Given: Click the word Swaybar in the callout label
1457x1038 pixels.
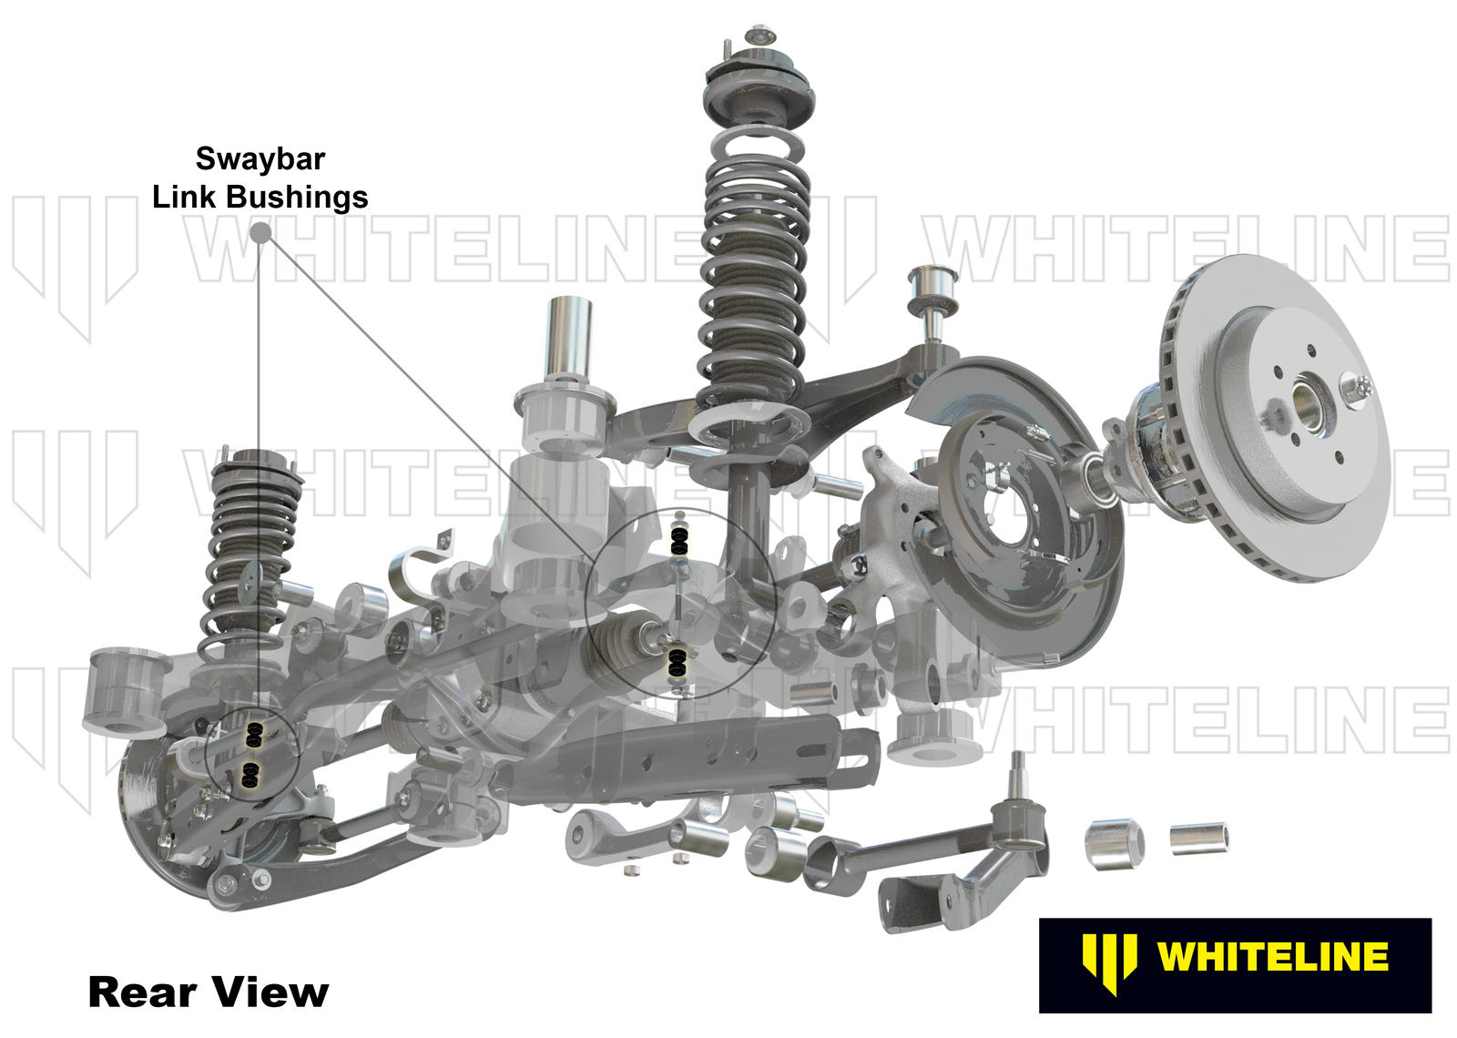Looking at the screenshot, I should point(260,158).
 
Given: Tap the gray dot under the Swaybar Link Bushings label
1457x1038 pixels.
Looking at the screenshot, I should point(260,233).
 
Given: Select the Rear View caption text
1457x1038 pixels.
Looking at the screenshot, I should point(208,992).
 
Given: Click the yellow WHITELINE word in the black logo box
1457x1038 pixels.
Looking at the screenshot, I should point(1271,957).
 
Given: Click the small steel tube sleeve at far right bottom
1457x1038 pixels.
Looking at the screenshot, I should point(1198,838).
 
